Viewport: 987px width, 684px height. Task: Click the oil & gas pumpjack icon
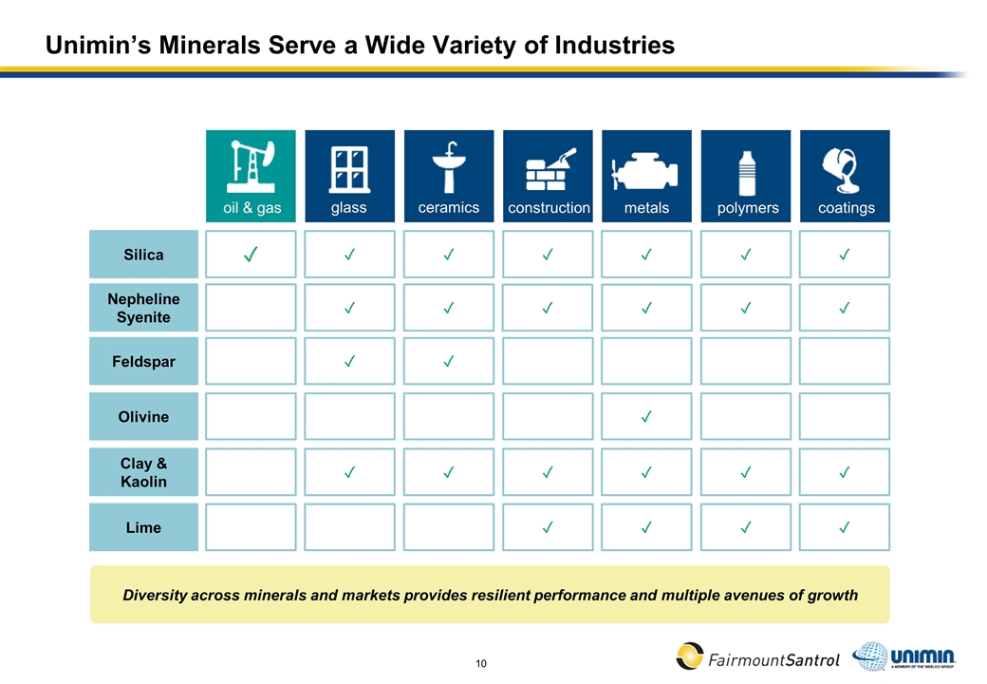click(x=251, y=166)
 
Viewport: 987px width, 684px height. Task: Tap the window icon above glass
click(x=349, y=168)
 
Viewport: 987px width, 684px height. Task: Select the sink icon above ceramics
click(x=449, y=168)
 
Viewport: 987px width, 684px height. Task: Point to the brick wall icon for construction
click(x=549, y=170)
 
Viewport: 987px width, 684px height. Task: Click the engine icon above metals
click(x=646, y=171)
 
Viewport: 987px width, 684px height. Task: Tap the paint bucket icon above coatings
click(x=845, y=169)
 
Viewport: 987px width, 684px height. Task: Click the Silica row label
click(x=143, y=255)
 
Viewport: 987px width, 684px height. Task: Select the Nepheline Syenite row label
click(x=143, y=308)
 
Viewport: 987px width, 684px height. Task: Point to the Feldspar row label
click(x=143, y=362)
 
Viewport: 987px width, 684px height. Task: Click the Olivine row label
click(x=143, y=416)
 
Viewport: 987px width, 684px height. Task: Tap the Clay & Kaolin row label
click(x=143, y=472)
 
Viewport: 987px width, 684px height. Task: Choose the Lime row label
click(x=143, y=527)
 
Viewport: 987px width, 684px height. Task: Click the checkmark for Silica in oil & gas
click(x=251, y=254)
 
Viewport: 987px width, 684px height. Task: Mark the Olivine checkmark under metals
click(x=646, y=416)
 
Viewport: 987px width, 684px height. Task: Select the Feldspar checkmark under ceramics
click(x=449, y=362)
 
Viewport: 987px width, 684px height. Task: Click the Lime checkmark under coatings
click(x=845, y=527)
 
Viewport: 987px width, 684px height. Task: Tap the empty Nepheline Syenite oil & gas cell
click(x=251, y=308)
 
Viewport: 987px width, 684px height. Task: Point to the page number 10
click(x=481, y=662)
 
